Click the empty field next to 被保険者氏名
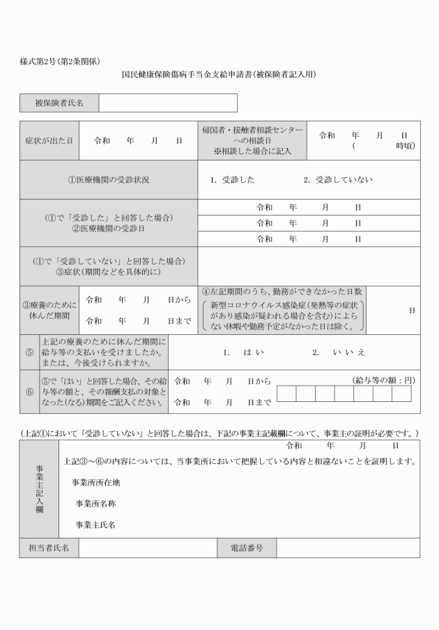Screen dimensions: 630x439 [x=167, y=103]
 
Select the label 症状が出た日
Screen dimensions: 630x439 [x=49, y=141]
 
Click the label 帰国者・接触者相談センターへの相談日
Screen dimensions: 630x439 [x=252, y=141]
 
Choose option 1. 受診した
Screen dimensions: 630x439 [x=232, y=180]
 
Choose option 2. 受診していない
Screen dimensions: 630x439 [x=338, y=180]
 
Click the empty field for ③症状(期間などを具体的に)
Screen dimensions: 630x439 [x=309, y=266]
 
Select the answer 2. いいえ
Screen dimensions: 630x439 [x=339, y=352]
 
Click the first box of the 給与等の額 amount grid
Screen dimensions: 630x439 [x=286, y=394]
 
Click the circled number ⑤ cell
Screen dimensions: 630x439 [x=29, y=352]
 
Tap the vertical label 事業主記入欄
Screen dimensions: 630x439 [x=39, y=488]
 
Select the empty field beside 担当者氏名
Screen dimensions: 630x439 [x=147, y=548]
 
